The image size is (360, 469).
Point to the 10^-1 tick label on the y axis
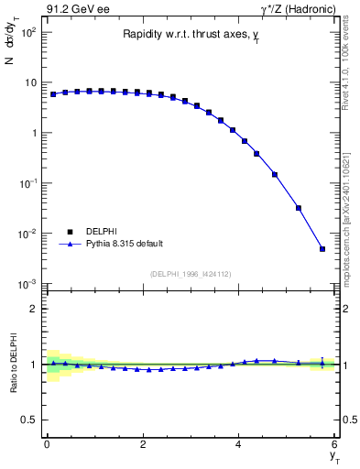coord(27,184)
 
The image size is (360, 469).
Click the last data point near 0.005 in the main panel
coord(322,248)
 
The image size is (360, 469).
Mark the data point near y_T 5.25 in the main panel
coord(299,208)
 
